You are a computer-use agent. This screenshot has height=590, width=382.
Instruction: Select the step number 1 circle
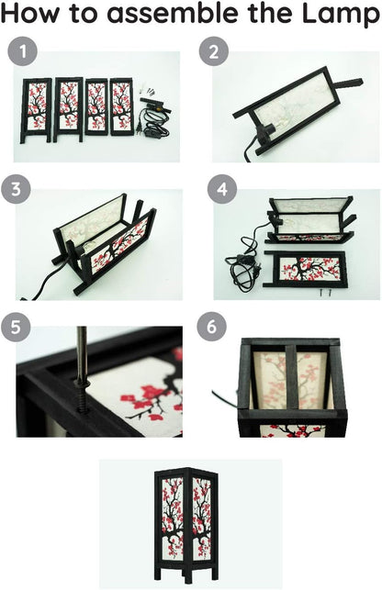(x=23, y=51)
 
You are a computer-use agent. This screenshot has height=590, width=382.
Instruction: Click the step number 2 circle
(x=214, y=51)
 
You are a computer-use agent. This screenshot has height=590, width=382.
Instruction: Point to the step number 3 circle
(x=16, y=189)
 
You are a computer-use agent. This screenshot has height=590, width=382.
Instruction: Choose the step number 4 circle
(x=222, y=189)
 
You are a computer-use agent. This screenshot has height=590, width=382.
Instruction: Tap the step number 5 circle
(x=16, y=327)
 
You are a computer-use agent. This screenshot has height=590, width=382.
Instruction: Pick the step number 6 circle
(x=212, y=327)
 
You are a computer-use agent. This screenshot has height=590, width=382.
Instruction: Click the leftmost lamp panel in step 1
(x=36, y=110)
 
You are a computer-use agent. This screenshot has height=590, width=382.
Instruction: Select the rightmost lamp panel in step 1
(x=121, y=106)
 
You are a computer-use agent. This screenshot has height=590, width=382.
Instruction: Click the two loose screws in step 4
(x=325, y=292)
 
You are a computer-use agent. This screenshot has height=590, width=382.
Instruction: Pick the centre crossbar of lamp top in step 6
(x=291, y=377)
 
